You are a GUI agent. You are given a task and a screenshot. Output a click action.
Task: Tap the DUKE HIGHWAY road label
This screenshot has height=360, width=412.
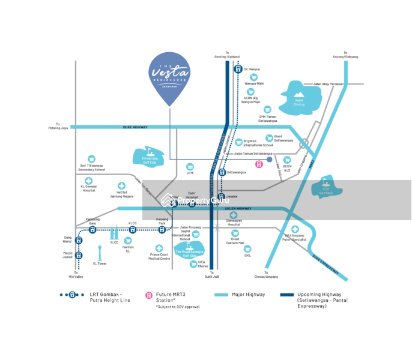coord(135,127)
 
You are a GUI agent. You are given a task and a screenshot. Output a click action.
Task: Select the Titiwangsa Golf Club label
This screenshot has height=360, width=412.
coord(148,160)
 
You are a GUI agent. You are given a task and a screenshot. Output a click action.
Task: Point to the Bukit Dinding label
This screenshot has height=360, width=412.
coord(299,104)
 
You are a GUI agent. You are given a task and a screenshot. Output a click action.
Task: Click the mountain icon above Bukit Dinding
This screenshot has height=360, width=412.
coord(299,94)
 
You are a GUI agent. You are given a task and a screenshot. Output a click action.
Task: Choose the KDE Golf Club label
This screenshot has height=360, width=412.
coord(326,193)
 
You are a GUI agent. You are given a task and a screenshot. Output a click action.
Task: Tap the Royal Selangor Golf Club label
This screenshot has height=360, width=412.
coord(190,253)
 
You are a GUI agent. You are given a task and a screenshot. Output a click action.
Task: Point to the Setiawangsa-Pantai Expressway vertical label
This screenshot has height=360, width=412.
coord(213,156)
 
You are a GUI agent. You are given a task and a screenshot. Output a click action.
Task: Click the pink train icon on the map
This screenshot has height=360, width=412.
coord(259,164)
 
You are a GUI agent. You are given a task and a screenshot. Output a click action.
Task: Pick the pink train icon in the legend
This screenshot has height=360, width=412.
coord(149,295)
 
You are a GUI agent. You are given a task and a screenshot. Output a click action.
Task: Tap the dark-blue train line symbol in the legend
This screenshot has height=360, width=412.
coord(72,295)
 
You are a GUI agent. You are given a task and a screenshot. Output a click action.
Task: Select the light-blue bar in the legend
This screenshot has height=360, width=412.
coord(221,295)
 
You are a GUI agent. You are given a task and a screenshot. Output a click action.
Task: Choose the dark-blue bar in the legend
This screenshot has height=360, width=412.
coord(287,295)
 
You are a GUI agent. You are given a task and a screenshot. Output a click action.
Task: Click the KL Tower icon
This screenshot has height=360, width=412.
coord(100,252)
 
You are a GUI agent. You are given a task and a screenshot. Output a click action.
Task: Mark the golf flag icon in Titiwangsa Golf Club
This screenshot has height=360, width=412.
coord(147,151)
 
